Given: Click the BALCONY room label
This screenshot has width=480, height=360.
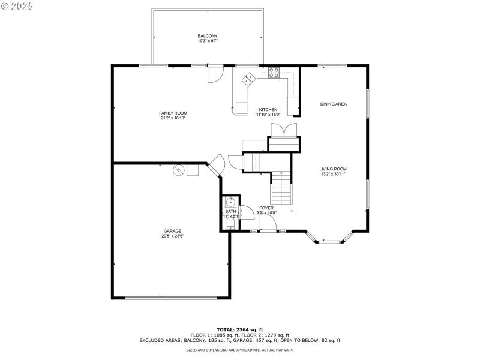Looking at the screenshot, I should tap(208, 36).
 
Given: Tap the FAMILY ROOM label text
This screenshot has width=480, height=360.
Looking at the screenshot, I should tap(173, 113).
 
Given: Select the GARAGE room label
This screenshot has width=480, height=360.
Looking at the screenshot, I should tap(173, 231).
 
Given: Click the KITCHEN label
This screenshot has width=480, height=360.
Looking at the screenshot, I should tap(268, 109).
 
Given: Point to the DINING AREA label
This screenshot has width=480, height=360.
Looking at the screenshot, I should tap(333, 104).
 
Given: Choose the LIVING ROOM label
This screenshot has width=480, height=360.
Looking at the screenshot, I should tap(333, 169).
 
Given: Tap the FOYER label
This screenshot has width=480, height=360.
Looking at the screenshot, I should tap(266, 208).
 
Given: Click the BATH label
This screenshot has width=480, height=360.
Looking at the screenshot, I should tap(231, 211).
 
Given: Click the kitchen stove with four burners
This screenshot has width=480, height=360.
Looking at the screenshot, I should tap(274, 73).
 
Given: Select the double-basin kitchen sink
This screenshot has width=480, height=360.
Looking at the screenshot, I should tap(248, 78).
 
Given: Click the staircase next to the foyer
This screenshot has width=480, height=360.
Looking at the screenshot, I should tap(281, 188).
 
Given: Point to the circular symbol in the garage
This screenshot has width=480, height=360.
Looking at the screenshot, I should tap(178, 170).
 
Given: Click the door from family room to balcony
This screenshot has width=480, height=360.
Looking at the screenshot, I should tap(214, 74).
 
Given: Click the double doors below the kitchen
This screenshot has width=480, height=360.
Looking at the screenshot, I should tap(283, 130).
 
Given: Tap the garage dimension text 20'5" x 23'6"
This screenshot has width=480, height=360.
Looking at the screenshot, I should tap(173, 236).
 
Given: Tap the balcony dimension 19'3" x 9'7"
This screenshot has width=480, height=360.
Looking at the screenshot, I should tap(208, 41).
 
